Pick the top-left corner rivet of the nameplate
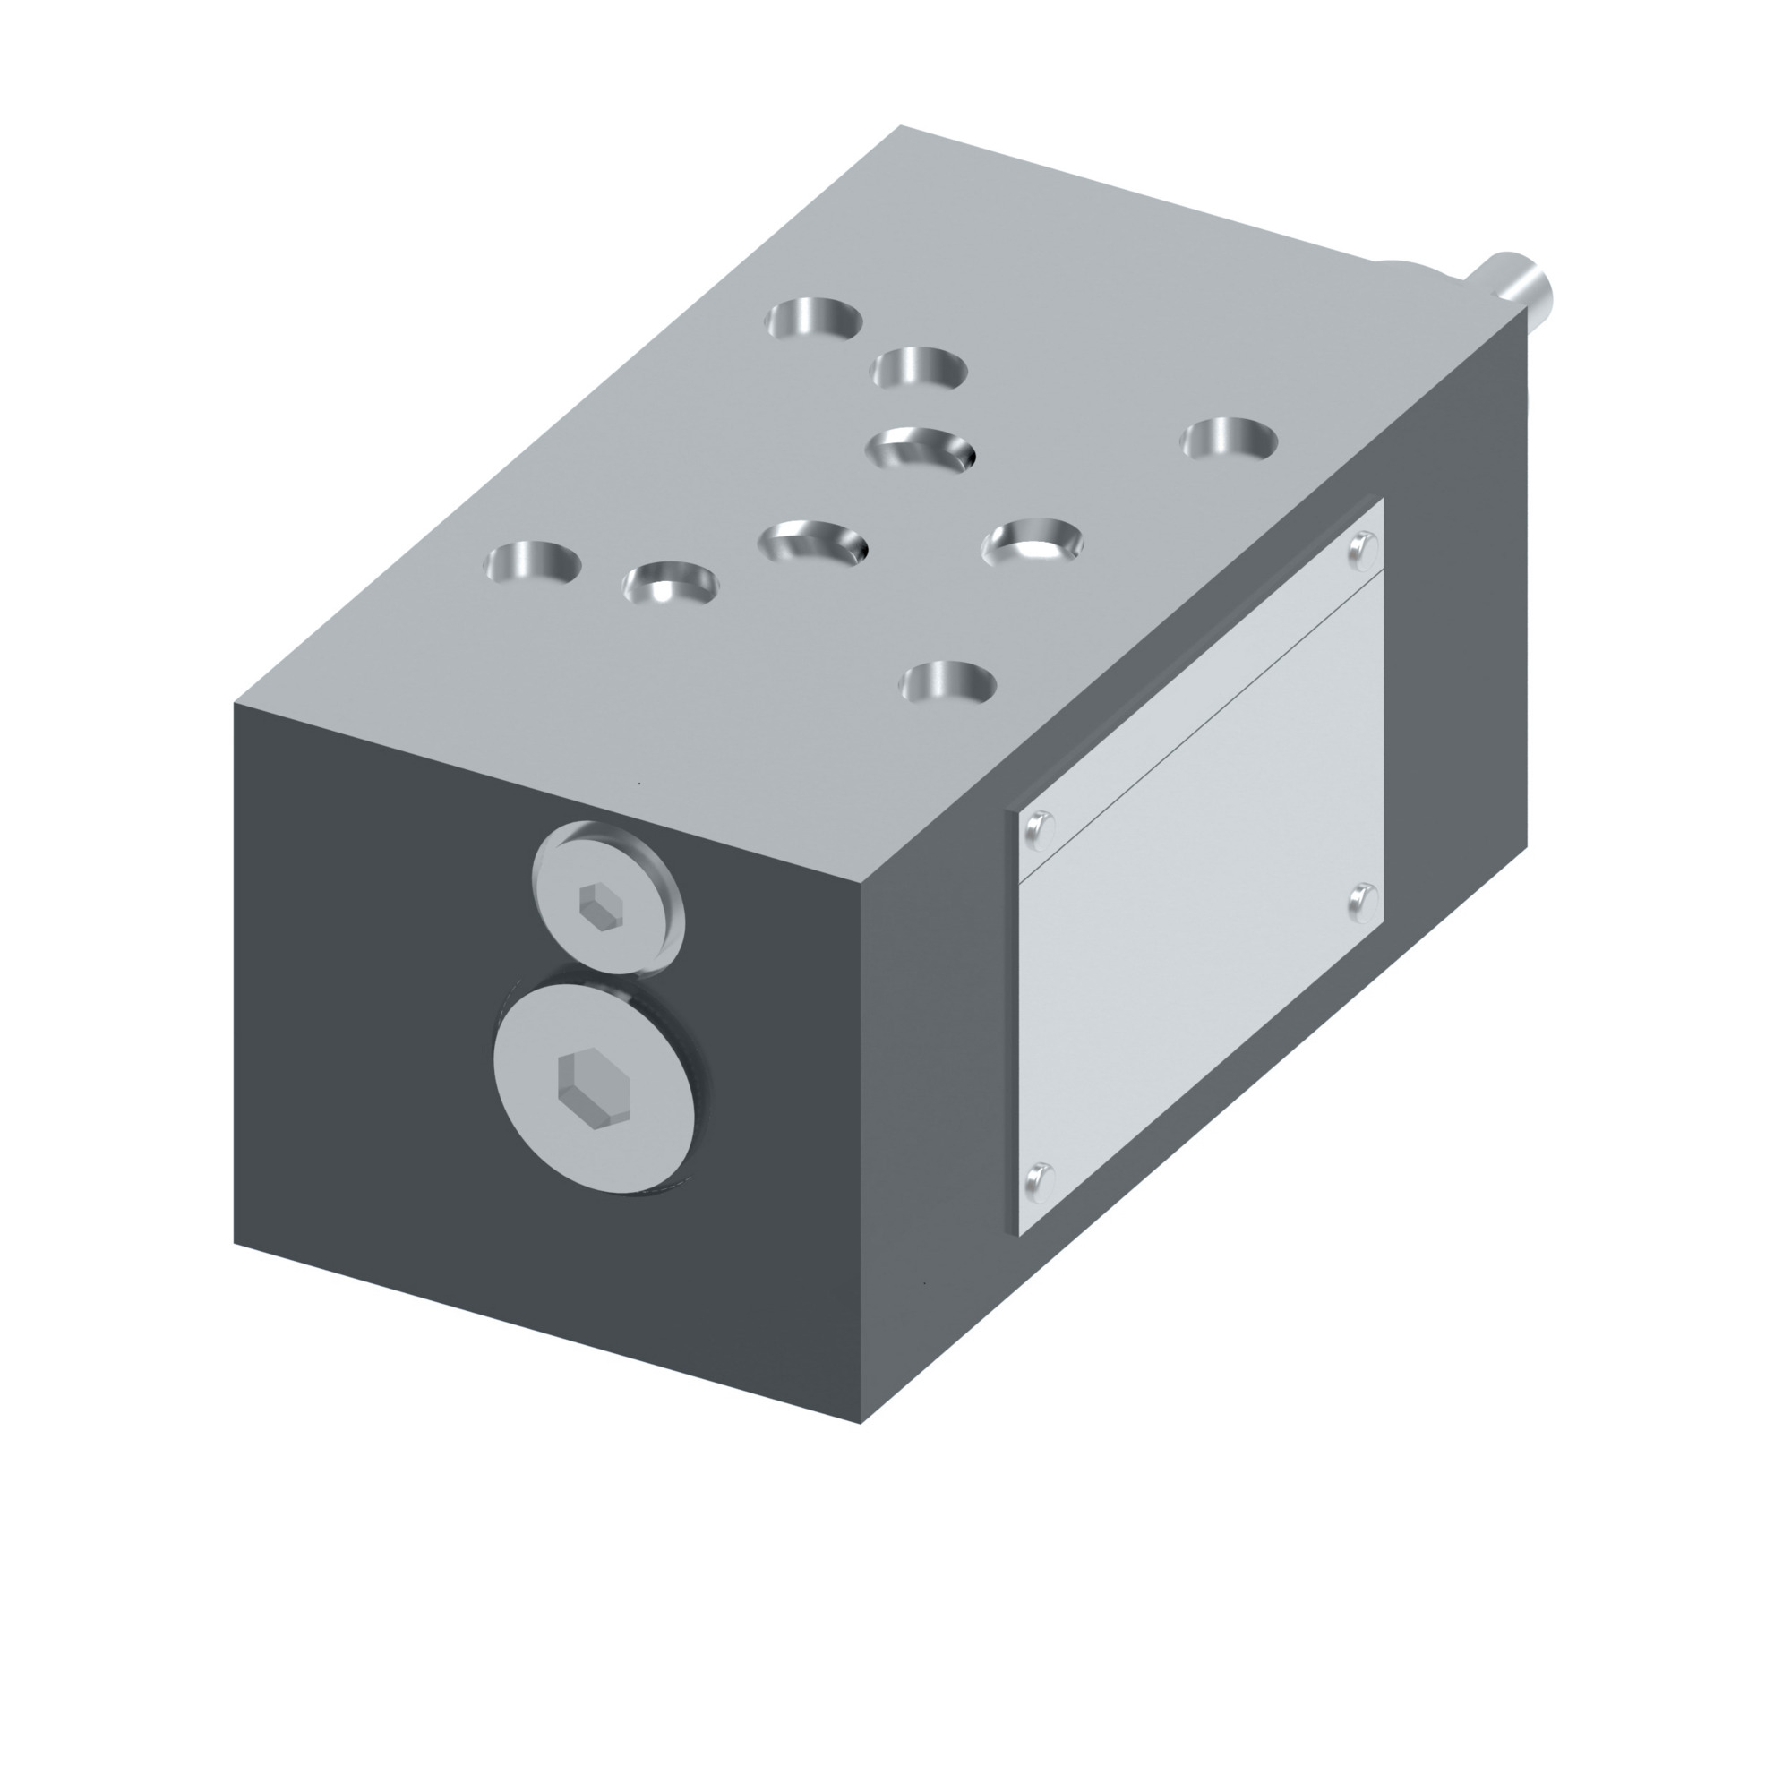click(x=1039, y=826)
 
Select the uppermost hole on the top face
click(x=814, y=319)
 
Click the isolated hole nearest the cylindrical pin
click(x=1229, y=439)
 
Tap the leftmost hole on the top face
click(x=534, y=561)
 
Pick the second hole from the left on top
click(x=670, y=582)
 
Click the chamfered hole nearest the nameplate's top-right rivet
click(x=1032, y=542)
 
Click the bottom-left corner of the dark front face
click(x=234, y=1243)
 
